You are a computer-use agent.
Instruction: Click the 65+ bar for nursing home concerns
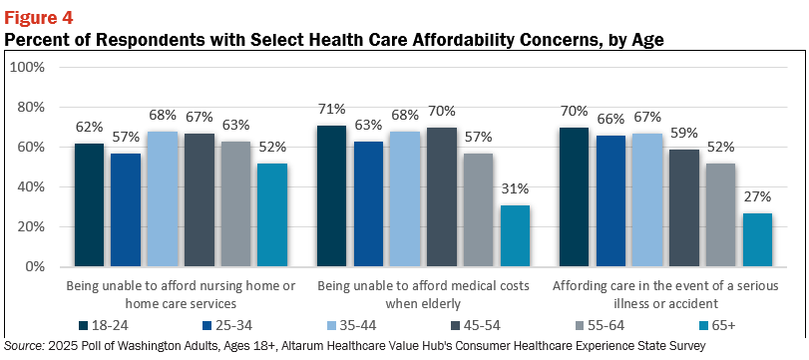[272, 215]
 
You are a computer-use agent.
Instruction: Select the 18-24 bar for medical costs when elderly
[332, 196]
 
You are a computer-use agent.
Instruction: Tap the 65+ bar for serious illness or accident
[757, 239]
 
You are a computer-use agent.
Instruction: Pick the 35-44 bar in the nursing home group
[163, 199]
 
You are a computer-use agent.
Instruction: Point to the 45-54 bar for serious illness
[684, 207]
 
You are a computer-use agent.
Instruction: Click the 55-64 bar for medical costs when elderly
[478, 209]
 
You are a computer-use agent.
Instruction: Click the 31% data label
[515, 189]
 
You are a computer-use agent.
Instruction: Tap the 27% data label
[758, 197]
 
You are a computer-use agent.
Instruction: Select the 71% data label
[332, 110]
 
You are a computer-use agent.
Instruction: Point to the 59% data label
[684, 134]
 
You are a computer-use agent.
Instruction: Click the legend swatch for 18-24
[83, 325]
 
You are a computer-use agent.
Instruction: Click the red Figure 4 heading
[39, 18]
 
